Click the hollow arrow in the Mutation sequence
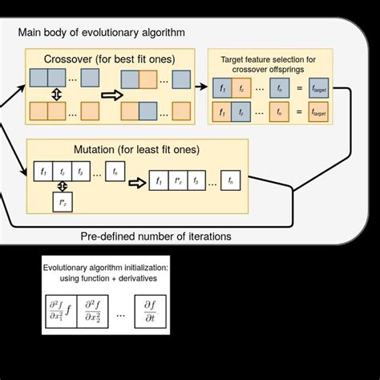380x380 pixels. (136, 181)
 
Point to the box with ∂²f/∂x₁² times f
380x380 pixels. (60, 313)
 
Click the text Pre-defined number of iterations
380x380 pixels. (156, 236)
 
